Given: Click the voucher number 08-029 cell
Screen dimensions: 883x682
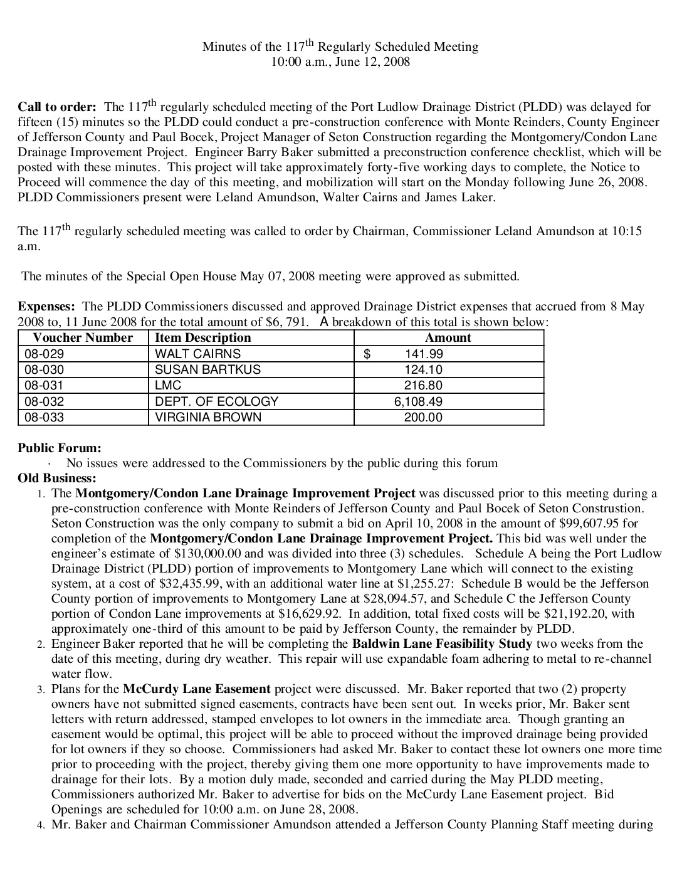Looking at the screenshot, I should tap(44, 354).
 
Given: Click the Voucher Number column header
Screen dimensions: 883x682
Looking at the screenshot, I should tap(83, 337).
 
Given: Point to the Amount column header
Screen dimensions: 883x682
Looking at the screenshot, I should tap(448, 337).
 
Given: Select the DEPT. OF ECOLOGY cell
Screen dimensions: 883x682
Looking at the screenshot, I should tap(216, 401).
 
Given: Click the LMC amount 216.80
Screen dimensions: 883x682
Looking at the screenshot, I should tap(423, 386).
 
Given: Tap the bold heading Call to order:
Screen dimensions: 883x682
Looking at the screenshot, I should tap(57, 107).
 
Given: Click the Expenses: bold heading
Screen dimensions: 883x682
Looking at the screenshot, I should tap(46, 307).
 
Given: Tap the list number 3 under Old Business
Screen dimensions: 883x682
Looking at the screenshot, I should tap(40, 689).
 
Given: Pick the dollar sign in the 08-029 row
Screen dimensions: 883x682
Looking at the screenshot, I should tap(367, 354).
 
